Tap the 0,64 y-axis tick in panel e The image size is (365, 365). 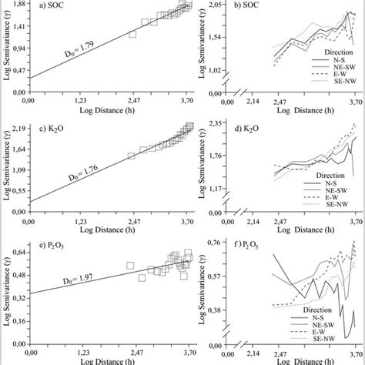pyautogui.click(x=15, y=251)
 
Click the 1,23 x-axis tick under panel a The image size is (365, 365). pyautogui.click(x=83, y=100)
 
